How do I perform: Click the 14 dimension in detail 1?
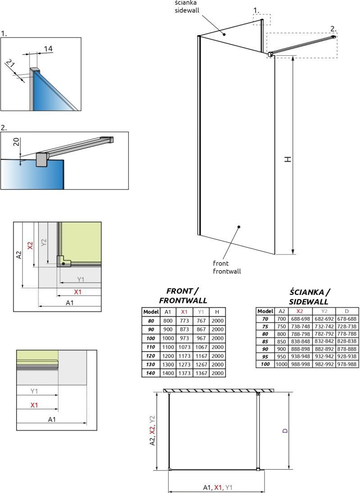pos(48,49)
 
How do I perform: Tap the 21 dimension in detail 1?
pos(10,65)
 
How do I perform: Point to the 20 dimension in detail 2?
pos(16,142)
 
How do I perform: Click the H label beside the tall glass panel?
pos(287,159)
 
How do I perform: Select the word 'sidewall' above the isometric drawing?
pos(187,10)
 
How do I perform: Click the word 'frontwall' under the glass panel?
pos(227,271)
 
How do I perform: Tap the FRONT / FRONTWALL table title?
pos(183,295)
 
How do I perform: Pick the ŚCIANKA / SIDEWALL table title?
pos(309,297)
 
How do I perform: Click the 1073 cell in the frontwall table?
pos(184,347)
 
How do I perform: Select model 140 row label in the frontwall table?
pos(151,373)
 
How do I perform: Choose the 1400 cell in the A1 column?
pos(168,373)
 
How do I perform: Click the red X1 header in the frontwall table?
pos(184,312)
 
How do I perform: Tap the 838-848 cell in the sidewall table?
pos(301,341)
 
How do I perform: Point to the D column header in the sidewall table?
pos(346,311)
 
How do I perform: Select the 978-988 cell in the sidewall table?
pos(346,364)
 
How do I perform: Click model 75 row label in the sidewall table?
pos(265,326)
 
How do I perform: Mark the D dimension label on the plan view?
pos(285,431)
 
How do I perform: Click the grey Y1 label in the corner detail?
pos(81,280)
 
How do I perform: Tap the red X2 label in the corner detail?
pos(30,245)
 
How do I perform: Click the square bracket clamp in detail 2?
pos(41,159)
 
